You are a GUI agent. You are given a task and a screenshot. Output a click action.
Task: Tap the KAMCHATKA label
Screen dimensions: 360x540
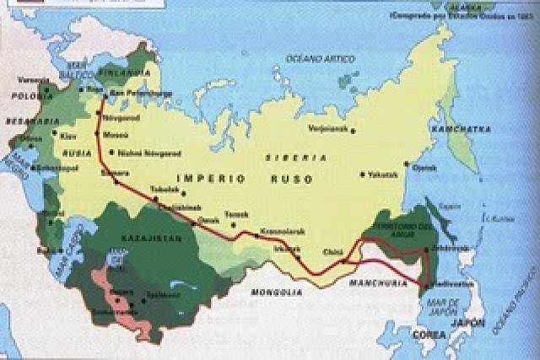453,129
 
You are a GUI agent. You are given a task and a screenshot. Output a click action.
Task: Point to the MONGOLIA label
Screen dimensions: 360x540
278,293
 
